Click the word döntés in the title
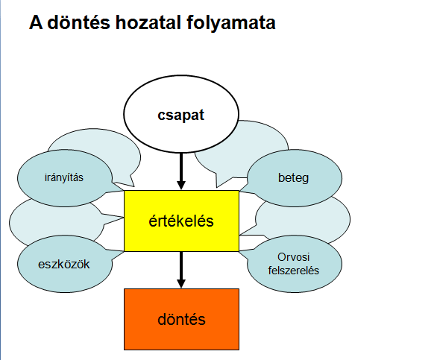(x=79, y=22)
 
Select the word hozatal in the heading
(x=148, y=22)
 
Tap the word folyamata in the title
(x=231, y=23)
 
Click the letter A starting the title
(x=36, y=22)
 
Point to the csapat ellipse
(x=181, y=114)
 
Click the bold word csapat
(x=181, y=115)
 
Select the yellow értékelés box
(x=181, y=221)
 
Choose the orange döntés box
(x=181, y=319)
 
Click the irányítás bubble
(x=64, y=178)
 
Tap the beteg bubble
(x=295, y=178)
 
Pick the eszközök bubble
(x=64, y=264)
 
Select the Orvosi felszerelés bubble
(x=295, y=264)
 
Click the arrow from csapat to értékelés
(x=181, y=171)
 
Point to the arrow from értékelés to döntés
(x=181, y=270)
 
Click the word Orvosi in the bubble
(x=293, y=257)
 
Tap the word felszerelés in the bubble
(x=293, y=271)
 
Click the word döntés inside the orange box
(x=181, y=319)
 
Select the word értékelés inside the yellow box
(x=181, y=221)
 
